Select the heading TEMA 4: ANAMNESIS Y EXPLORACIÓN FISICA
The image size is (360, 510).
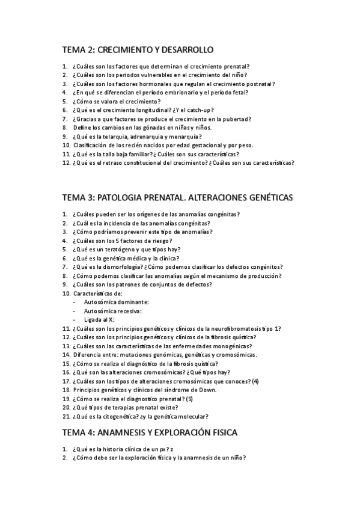point(150,432)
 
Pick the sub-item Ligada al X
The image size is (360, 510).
point(99,319)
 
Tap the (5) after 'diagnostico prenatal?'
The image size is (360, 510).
point(189,398)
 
